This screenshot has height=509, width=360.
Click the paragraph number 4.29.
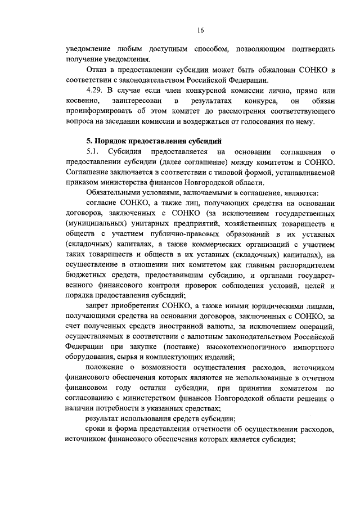[94, 91]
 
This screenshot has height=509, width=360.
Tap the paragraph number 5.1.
[93, 152]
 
